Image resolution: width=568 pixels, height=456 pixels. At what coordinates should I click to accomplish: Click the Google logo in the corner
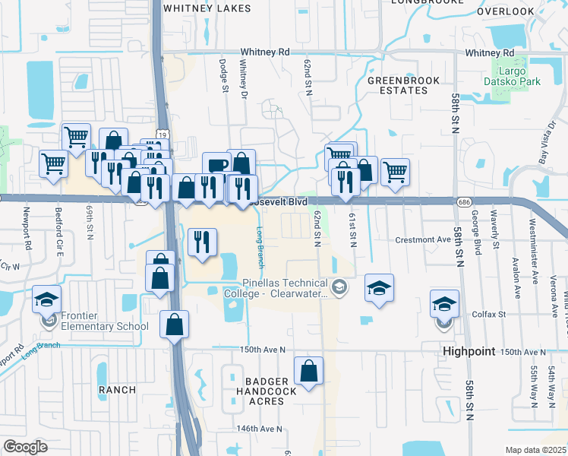click(x=26, y=447)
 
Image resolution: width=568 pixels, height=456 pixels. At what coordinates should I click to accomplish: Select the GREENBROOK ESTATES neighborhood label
click(x=397, y=84)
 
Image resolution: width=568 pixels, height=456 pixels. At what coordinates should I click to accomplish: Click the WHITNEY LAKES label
click(x=196, y=8)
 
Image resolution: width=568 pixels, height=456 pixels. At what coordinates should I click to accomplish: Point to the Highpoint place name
click(x=469, y=352)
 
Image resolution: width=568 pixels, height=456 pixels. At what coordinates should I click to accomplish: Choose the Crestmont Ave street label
click(x=423, y=239)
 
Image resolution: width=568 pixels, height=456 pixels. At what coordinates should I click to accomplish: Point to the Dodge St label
click(x=224, y=77)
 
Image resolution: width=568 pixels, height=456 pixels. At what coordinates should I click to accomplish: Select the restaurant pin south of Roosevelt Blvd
click(x=203, y=242)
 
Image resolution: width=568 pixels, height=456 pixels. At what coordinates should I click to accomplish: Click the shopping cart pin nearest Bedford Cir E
click(x=53, y=163)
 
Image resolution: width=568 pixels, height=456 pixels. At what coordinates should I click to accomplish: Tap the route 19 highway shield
click(x=163, y=134)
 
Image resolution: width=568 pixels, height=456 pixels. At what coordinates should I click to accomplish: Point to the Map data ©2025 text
click(x=535, y=450)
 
